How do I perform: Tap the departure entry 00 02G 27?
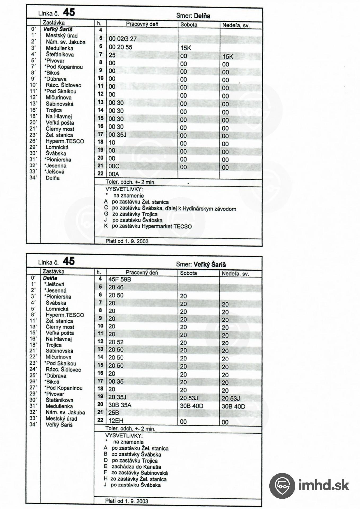[x=122, y=39]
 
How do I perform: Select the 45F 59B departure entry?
[x=120, y=279]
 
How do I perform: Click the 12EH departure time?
[x=116, y=420]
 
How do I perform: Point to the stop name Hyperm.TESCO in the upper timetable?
[x=65, y=141]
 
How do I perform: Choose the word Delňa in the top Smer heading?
[x=202, y=16]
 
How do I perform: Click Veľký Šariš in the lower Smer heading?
[x=210, y=264]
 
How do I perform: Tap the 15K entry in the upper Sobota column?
[x=186, y=48]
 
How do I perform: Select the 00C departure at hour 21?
[x=114, y=166]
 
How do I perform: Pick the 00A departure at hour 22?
[x=114, y=174]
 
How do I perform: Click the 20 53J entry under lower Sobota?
[x=189, y=398]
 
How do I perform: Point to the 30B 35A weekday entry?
[x=120, y=405]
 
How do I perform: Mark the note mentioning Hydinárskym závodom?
[x=174, y=209]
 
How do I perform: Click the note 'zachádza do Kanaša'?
[x=136, y=467]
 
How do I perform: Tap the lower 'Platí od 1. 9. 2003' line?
[x=127, y=501]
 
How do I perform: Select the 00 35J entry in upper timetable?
[x=117, y=135]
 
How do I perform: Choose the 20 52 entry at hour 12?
[x=116, y=342]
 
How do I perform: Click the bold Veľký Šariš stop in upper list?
[x=58, y=29]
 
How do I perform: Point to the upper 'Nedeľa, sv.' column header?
[x=236, y=25]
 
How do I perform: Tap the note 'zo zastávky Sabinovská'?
[x=139, y=473]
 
